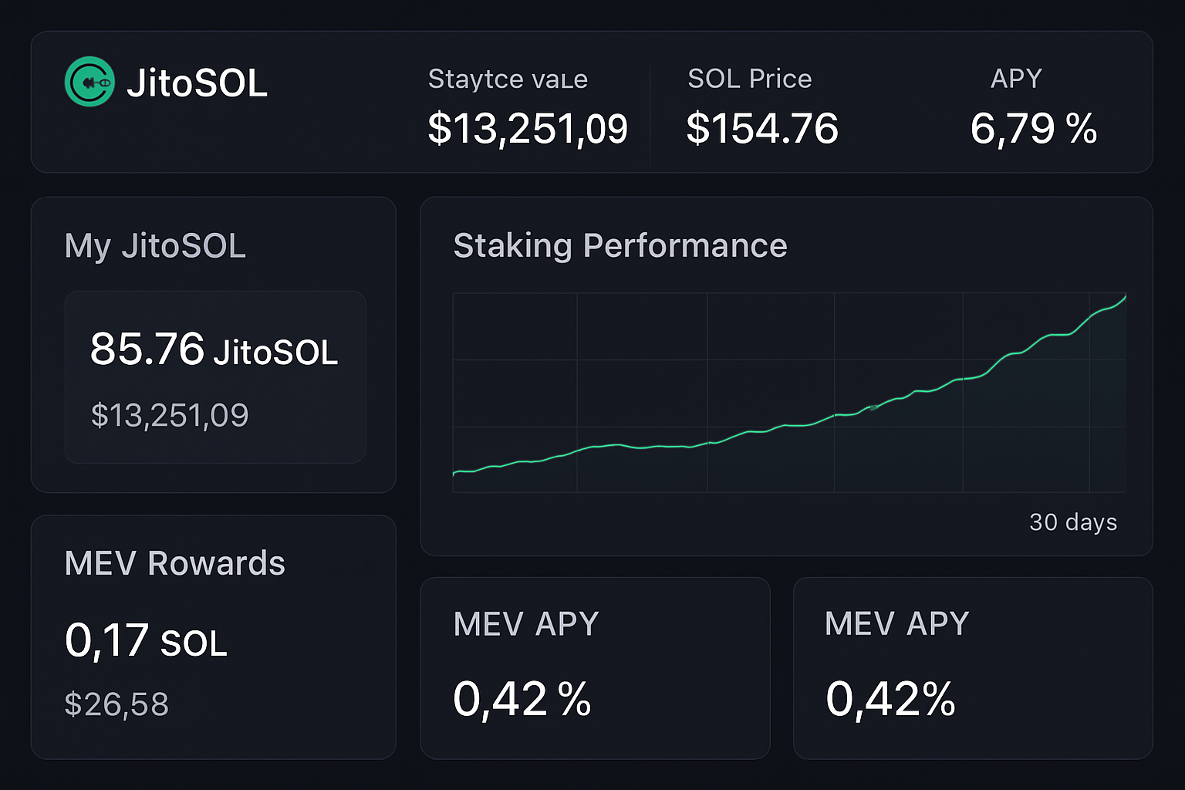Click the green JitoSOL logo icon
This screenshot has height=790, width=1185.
pos(89,82)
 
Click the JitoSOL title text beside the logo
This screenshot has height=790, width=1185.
pos(197,83)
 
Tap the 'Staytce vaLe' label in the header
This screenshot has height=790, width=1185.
pos(508,79)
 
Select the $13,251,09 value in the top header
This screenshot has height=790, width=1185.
pos(528,128)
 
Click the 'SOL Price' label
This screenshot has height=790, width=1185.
pos(749,79)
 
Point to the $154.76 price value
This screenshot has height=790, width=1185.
pos(762,128)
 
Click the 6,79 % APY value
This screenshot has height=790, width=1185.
pos(1033,128)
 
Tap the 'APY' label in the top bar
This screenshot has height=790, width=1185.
pos(1016,79)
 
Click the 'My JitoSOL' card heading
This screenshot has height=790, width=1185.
pos(155,246)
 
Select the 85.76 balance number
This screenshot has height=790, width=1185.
pos(147,349)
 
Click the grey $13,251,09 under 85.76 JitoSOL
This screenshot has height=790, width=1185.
pos(170,416)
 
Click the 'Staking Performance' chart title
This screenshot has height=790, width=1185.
pos(620,246)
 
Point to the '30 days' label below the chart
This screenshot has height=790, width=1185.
pos(1072,522)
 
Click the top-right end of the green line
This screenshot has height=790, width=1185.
pos(1124,297)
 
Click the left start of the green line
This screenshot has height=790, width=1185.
pos(455,473)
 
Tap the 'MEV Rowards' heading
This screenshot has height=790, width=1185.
pos(175,563)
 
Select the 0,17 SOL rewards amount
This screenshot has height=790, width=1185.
pos(146,640)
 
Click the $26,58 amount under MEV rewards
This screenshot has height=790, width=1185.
pos(116,704)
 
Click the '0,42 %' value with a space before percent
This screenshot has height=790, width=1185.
pos(522,699)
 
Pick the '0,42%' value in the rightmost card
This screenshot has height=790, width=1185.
pos(890,699)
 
